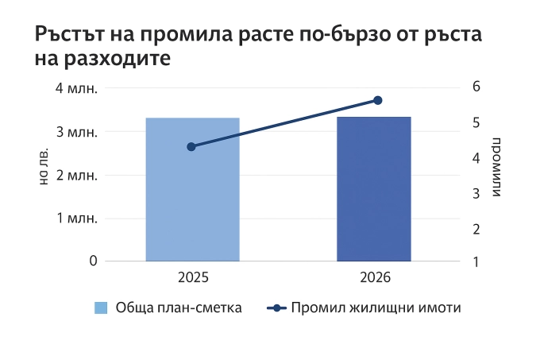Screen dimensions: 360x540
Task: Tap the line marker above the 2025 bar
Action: tap(191, 146)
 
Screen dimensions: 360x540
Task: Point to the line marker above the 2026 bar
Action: tap(378, 100)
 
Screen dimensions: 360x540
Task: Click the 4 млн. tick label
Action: tap(77, 87)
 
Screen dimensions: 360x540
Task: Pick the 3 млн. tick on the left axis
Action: tap(77, 131)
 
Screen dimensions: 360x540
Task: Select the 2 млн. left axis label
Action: tap(77, 175)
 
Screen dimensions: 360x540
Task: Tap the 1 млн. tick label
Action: tap(77, 218)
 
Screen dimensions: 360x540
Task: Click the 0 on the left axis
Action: tap(93, 261)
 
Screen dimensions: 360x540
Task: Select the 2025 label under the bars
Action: tap(193, 279)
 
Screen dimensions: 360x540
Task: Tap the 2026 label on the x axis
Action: tap(375, 279)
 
